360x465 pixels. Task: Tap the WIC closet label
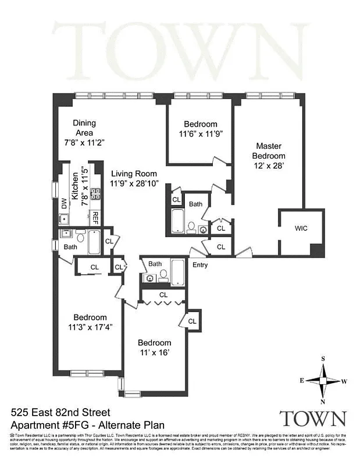(300, 228)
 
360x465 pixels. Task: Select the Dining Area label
(84, 127)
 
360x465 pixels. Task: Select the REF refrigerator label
(95, 218)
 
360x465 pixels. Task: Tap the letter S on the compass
(323, 359)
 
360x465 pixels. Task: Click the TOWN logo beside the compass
(313, 418)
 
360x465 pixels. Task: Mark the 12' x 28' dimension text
(268, 166)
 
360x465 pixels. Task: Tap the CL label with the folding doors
(163, 295)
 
